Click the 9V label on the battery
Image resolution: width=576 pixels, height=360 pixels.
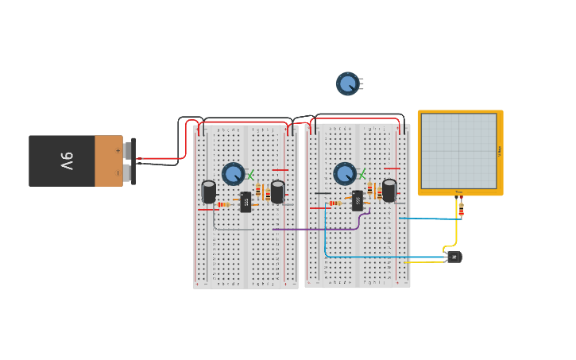tap(67, 161)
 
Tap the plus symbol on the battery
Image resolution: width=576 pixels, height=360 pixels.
tap(118, 150)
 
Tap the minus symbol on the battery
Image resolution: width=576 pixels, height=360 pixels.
tap(118, 172)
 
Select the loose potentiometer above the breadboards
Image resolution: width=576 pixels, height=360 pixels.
tap(347, 83)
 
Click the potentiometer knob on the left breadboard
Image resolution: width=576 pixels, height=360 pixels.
tap(233, 173)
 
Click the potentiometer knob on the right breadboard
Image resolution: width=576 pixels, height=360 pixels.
tap(345, 173)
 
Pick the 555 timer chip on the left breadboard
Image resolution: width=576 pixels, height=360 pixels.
tap(245, 203)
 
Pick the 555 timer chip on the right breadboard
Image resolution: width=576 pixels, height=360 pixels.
tap(358, 200)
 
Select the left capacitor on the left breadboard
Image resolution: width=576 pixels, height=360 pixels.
tap(209, 192)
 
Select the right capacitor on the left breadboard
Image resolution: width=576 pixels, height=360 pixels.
tap(277, 192)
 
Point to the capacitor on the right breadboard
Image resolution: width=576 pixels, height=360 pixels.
tap(389, 190)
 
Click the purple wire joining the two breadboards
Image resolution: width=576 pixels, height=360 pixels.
tap(318, 229)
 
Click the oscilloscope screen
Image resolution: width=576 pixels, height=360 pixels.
tap(458, 150)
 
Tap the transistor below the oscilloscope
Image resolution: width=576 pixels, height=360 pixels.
tap(454, 257)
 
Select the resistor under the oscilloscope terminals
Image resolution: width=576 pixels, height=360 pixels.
tap(461, 210)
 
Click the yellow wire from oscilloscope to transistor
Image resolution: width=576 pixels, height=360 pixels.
tap(456, 230)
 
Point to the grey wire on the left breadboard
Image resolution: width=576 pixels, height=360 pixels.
tap(230, 229)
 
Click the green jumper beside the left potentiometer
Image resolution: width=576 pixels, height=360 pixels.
tap(251, 174)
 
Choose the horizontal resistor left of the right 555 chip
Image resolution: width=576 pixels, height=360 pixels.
tap(336, 203)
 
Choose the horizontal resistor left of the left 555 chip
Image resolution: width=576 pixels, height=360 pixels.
tap(223, 205)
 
